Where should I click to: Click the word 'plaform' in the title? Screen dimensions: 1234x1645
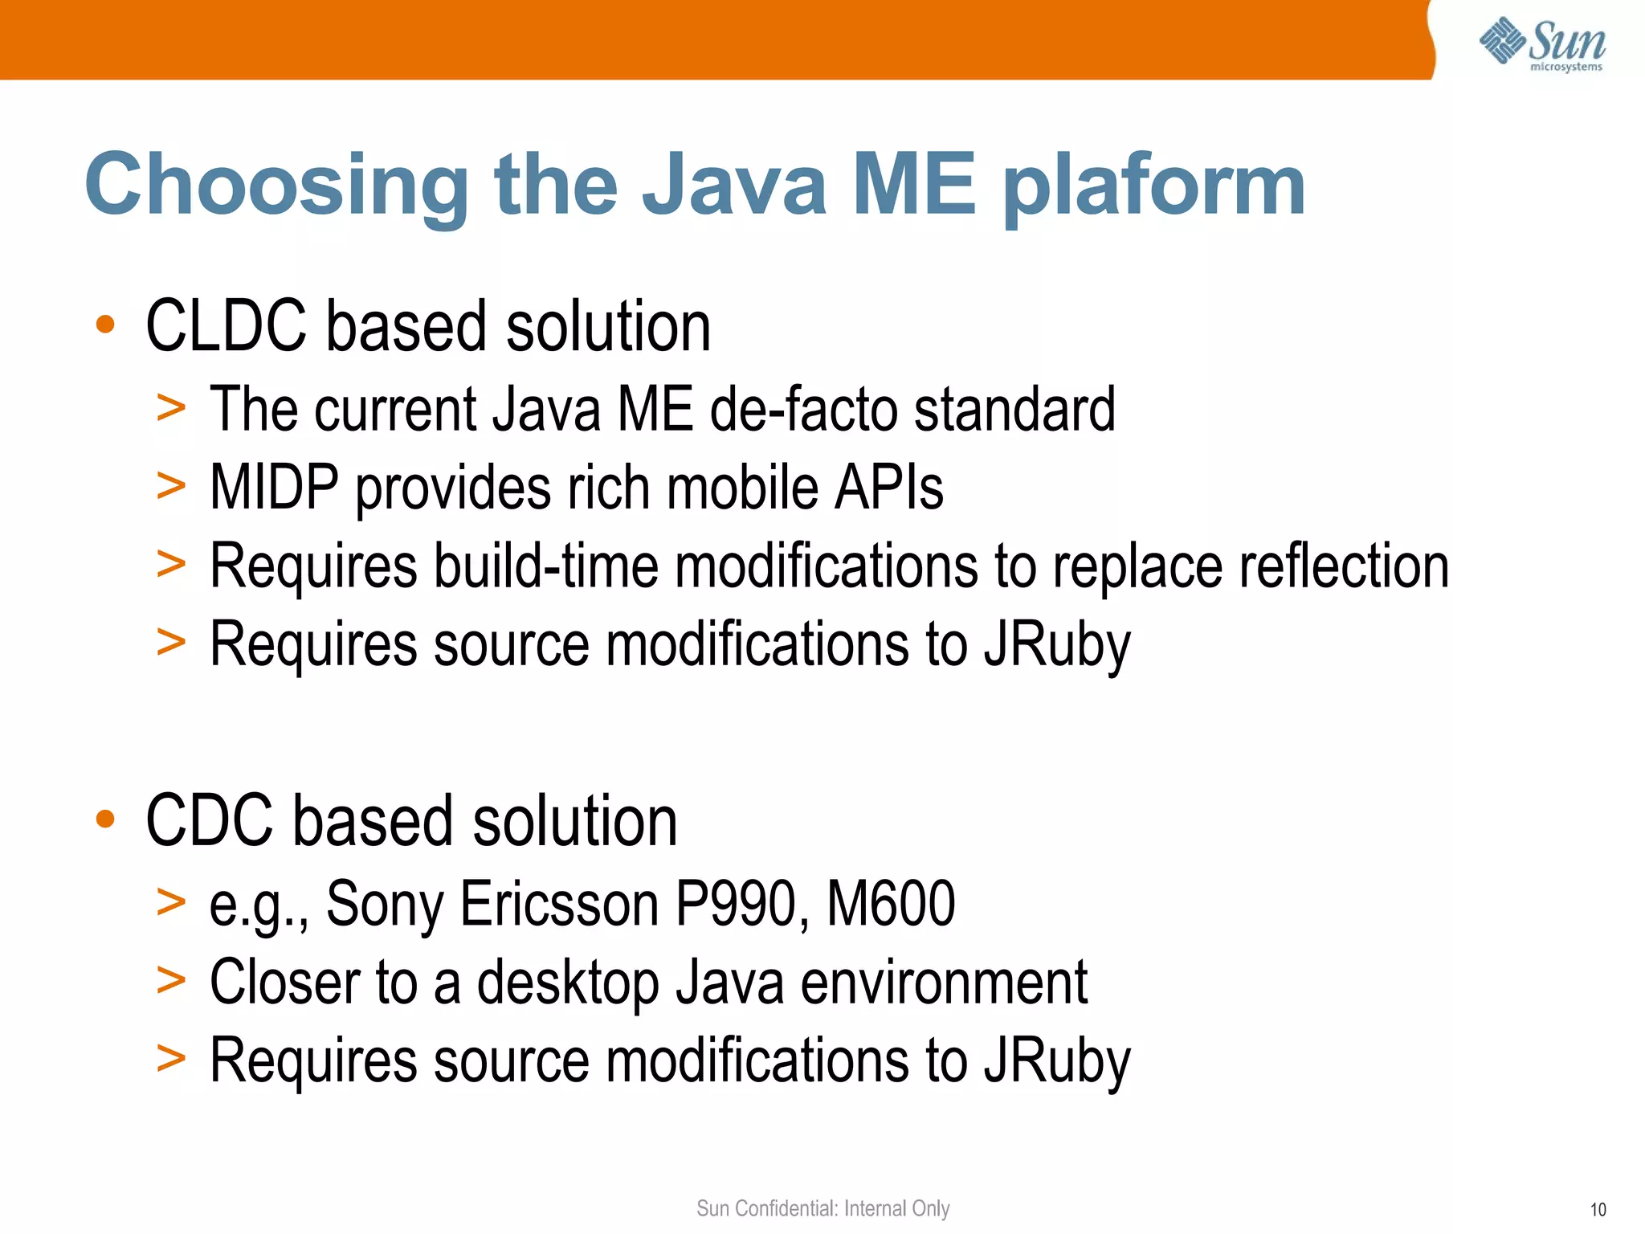1154,187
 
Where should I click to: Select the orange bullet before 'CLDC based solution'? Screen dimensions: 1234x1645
105,325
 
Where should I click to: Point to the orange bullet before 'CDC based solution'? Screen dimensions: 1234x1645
105,819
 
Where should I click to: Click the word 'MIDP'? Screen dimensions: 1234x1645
274,488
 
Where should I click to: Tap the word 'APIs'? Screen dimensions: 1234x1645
889,488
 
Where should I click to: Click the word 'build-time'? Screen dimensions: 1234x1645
545,566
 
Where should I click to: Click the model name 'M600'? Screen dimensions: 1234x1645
891,904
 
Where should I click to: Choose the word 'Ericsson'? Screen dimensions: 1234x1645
559,904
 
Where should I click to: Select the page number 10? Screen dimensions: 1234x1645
1598,1210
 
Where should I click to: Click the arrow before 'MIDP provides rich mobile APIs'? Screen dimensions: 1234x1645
171,485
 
